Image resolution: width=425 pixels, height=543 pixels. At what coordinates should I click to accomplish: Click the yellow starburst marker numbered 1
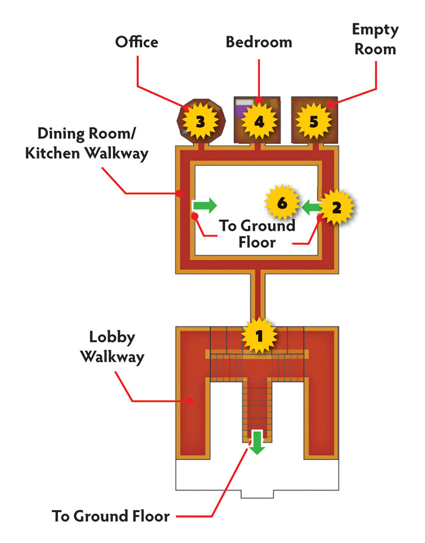pyautogui.click(x=259, y=335)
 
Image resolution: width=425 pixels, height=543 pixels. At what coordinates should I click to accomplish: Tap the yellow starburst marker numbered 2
pyautogui.click(x=336, y=207)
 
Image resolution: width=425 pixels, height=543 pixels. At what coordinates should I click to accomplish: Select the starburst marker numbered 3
pyautogui.click(x=200, y=121)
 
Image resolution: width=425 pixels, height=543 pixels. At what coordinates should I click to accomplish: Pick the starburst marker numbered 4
pyautogui.click(x=259, y=121)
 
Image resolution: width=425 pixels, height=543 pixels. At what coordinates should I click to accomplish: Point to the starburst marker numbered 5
pyautogui.click(x=313, y=121)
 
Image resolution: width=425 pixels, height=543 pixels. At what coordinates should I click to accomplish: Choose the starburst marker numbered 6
pyautogui.click(x=282, y=203)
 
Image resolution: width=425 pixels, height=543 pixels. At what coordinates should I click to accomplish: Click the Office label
pyautogui.click(x=136, y=42)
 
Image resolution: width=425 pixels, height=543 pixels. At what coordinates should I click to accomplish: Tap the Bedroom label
pyautogui.click(x=259, y=42)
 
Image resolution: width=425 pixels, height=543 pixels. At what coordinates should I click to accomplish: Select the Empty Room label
pyautogui.click(x=375, y=39)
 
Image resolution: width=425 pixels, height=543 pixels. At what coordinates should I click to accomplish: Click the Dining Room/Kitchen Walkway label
pyautogui.click(x=86, y=144)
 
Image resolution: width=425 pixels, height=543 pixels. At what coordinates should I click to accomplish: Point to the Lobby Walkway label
pyautogui.click(x=112, y=347)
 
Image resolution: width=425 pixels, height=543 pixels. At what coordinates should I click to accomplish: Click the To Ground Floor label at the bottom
pyautogui.click(x=111, y=516)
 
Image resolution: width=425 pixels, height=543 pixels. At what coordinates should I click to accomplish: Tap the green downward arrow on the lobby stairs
pyautogui.click(x=257, y=443)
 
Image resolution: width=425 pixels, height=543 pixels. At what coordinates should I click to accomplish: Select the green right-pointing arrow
pyautogui.click(x=205, y=205)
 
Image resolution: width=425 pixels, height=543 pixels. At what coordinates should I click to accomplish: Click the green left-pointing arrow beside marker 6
pyautogui.click(x=310, y=207)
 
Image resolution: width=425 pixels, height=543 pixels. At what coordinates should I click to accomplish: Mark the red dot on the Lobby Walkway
pyautogui.click(x=189, y=401)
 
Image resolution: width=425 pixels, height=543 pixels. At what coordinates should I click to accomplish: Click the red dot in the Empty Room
pyautogui.click(x=330, y=104)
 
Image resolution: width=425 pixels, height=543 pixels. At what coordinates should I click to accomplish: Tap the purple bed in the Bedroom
pyautogui.click(x=242, y=109)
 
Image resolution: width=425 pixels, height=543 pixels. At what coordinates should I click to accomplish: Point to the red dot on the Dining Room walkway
pyautogui.click(x=179, y=193)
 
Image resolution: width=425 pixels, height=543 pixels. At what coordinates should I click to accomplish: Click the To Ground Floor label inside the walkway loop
pyautogui.click(x=257, y=234)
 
